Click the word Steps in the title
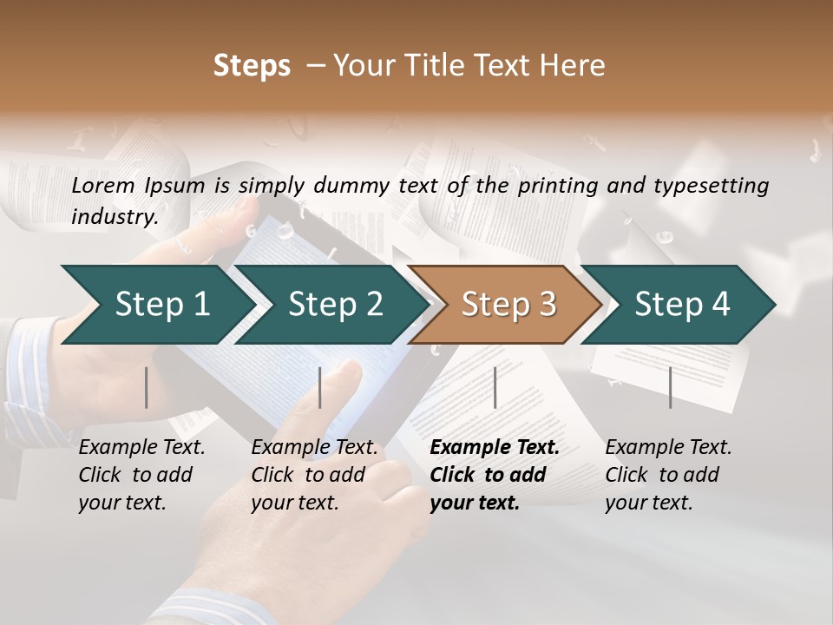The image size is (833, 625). [252, 66]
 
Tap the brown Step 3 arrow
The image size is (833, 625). [508, 305]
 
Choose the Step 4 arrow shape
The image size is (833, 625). [682, 305]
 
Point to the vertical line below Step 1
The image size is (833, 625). [147, 387]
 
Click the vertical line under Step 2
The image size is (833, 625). [320, 387]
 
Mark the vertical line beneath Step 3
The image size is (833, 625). [495, 387]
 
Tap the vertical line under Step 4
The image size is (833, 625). [670, 387]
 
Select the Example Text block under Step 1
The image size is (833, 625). [141, 475]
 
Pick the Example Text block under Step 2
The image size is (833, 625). [314, 475]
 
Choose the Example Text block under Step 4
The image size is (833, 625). [668, 475]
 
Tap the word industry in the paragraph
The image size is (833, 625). [114, 216]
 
